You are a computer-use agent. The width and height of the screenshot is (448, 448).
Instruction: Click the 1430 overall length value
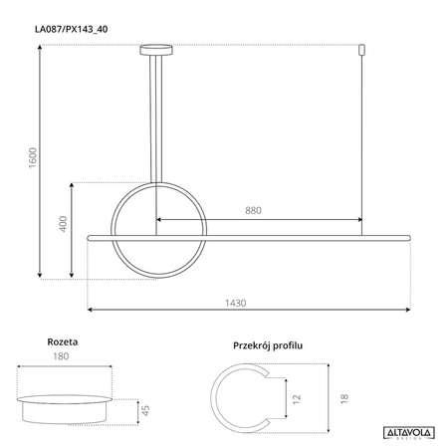(235, 304)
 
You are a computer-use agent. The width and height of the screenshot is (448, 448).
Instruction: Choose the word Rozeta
(63, 341)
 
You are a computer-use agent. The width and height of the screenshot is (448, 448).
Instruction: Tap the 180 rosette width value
(64, 356)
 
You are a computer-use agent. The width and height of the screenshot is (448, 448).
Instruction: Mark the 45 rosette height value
(146, 409)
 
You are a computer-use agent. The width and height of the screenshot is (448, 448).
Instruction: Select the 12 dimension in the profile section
(297, 396)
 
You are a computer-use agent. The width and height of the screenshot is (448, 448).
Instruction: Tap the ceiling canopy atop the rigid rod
(155, 47)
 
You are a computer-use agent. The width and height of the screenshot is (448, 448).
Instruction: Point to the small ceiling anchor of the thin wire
(362, 48)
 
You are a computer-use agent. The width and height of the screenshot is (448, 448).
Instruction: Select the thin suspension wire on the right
(362, 139)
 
